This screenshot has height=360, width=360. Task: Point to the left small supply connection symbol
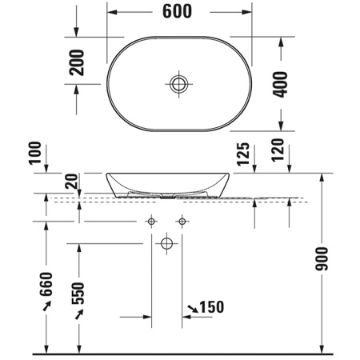coord(151,221)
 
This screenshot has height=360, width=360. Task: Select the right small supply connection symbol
coord(182,221)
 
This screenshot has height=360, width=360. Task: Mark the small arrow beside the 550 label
coord(78,317)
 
